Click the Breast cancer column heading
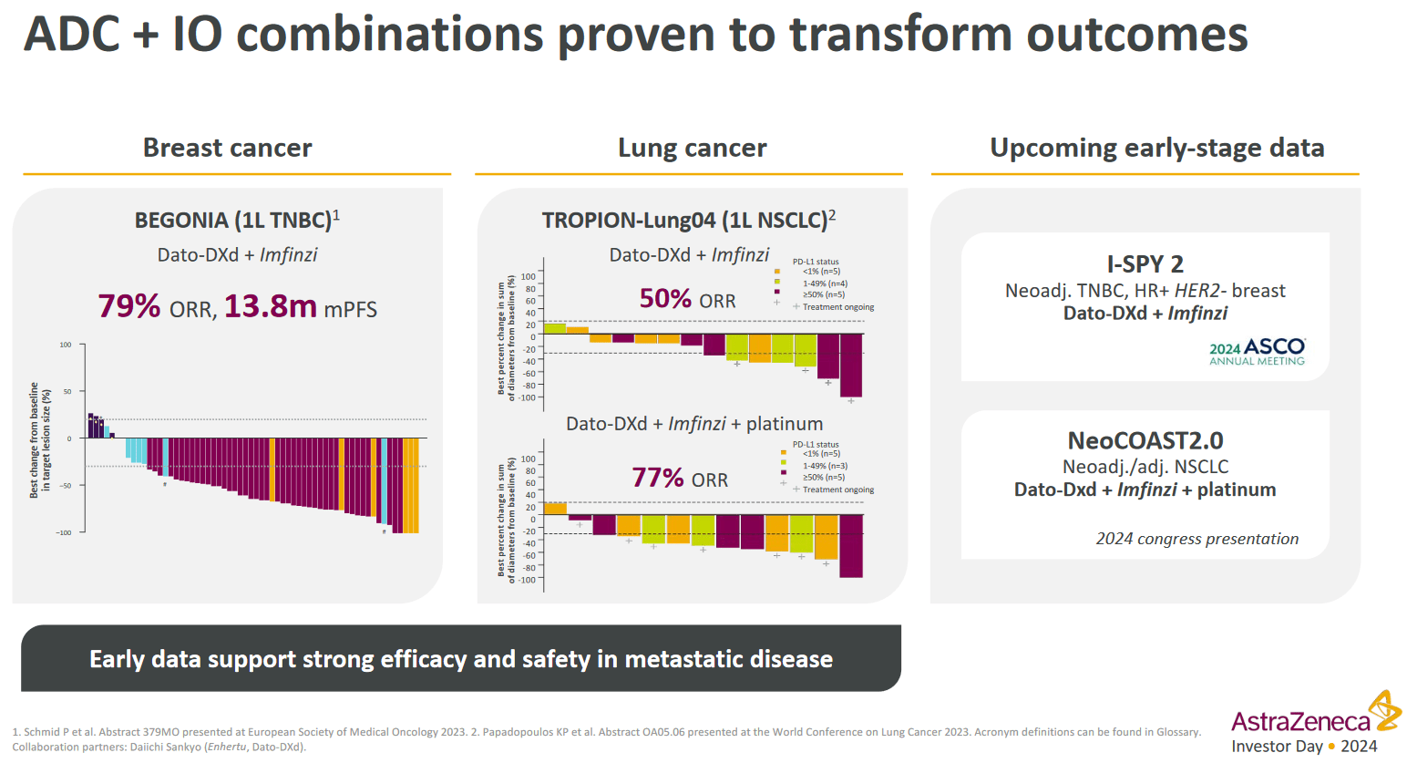[227, 148]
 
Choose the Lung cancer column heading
[692, 148]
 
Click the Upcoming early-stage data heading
[1156, 148]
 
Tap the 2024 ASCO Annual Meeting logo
[1257, 352]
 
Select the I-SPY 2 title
[1145, 264]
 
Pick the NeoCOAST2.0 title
[1145, 441]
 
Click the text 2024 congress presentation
[1196, 539]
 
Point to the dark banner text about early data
[460, 659]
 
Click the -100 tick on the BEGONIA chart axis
[65, 532]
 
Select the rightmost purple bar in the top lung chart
[850, 365]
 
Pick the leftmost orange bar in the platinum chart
[554, 509]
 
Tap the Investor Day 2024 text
[1304, 747]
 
